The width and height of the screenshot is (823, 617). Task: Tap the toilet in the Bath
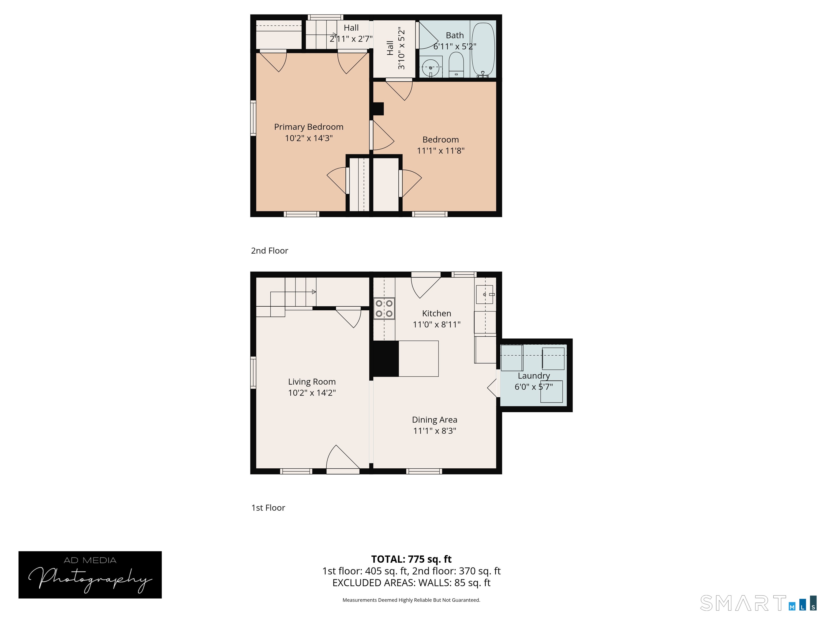click(456, 65)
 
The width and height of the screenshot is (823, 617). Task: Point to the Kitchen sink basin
click(484, 295)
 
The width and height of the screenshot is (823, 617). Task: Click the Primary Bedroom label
click(309, 127)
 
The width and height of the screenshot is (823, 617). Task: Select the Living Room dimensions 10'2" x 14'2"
click(312, 393)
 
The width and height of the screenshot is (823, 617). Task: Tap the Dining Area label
click(435, 420)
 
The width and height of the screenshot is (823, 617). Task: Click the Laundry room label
click(534, 376)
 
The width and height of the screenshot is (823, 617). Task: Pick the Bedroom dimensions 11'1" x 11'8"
click(440, 151)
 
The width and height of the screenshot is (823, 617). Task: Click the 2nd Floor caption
click(269, 251)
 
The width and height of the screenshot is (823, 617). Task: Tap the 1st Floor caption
click(268, 508)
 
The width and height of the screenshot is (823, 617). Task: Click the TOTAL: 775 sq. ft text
click(411, 559)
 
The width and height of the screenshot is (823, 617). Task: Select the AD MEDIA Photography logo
click(90, 575)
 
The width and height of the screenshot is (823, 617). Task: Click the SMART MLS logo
click(758, 603)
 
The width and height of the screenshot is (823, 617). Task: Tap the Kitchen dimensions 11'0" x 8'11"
click(436, 324)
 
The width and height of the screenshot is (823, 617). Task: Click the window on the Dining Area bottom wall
click(424, 471)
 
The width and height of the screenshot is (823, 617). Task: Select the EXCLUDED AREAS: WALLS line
click(411, 583)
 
